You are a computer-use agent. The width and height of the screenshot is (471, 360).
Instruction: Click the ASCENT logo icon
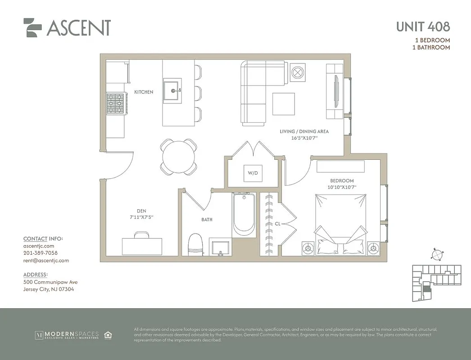(32, 27)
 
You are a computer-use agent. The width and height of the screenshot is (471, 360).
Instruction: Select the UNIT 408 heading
(422, 27)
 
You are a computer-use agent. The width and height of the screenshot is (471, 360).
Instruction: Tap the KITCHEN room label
(144, 92)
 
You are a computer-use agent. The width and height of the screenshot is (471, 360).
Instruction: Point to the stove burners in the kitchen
(115, 104)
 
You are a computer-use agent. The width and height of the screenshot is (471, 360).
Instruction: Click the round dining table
(179, 157)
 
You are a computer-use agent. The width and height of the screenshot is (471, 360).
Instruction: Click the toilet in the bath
(196, 244)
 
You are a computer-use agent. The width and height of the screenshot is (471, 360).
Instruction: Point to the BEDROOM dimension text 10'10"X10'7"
(342, 187)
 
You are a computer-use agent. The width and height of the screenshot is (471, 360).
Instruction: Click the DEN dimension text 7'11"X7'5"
(139, 217)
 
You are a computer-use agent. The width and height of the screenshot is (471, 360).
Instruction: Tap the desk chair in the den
(142, 234)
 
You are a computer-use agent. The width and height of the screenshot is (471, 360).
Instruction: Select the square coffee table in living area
(283, 104)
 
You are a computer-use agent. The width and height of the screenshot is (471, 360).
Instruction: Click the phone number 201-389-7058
(40, 253)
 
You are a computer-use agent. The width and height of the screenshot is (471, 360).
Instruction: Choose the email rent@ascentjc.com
(46, 260)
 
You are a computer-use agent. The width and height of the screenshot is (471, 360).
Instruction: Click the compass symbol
(436, 254)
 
